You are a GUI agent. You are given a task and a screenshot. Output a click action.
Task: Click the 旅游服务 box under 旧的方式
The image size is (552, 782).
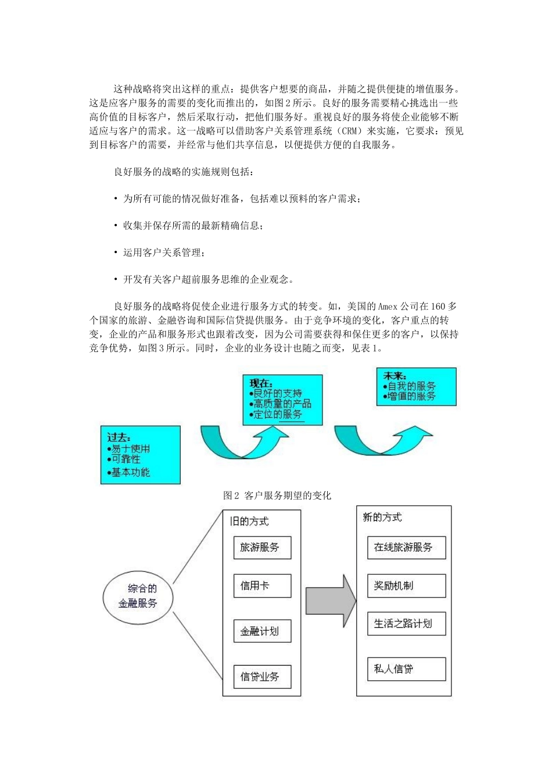tap(262, 548)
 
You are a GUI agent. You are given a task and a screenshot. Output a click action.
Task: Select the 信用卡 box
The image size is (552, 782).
tap(262, 586)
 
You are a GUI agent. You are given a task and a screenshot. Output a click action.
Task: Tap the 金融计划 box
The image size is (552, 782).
tap(262, 631)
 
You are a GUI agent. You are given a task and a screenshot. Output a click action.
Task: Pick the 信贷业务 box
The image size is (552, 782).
tap(262, 677)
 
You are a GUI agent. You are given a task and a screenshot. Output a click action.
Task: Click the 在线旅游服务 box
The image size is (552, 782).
tap(406, 548)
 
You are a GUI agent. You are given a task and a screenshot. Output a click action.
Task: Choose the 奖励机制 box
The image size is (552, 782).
tap(406, 586)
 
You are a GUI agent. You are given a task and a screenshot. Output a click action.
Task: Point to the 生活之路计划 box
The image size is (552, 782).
tap(406, 624)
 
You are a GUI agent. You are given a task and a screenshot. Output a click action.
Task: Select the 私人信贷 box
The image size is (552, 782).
tap(406, 669)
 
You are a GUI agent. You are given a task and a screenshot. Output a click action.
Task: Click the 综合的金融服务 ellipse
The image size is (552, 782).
tap(138, 596)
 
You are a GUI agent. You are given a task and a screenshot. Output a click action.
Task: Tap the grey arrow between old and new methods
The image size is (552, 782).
tap(331, 602)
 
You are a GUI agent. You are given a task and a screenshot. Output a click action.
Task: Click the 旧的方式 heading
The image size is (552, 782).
tap(250, 521)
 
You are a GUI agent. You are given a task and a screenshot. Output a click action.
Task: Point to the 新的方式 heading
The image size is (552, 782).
tap(382, 517)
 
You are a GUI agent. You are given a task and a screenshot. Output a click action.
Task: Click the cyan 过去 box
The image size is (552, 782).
tap(140, 454)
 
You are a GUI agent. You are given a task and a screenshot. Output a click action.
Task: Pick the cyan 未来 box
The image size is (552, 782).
tap(416, 386)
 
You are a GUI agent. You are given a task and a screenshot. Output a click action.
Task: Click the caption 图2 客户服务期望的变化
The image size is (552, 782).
tap(277, 496)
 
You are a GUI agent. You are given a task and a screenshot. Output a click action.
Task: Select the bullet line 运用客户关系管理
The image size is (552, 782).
tap(163, 253)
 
